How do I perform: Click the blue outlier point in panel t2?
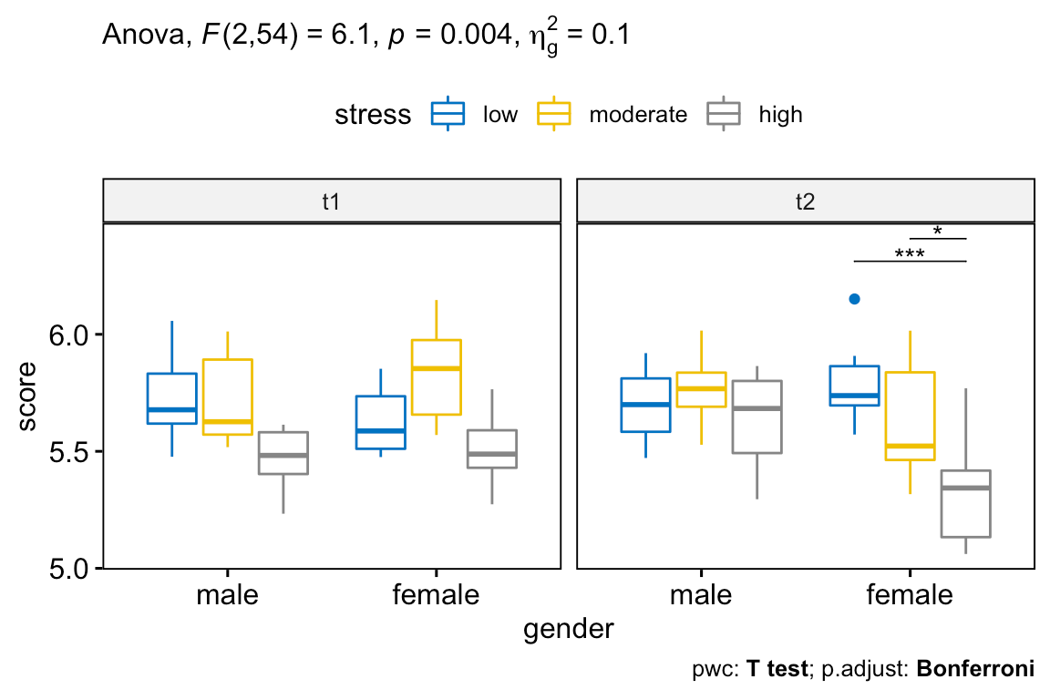click(854, 299)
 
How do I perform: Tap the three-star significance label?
click(909, 254)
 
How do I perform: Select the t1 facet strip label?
click(331, 201)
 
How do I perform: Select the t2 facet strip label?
click(805, 201)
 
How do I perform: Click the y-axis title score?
click(28, 396)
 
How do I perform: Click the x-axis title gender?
click(568, 629)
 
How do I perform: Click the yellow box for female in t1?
click(436, 376)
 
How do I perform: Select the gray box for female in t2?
click(964, 503)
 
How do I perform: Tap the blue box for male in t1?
click(172, 398)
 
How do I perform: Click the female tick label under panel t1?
click(436, 595)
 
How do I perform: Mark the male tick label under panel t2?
click(701, 595)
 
